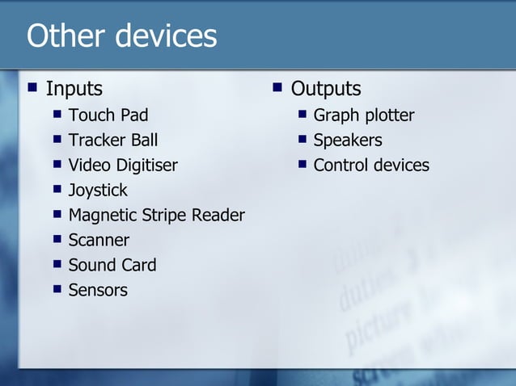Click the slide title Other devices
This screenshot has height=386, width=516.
tap(121, 36)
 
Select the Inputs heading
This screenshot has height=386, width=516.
tap(74, 88)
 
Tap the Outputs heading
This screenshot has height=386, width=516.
tap(325, 88)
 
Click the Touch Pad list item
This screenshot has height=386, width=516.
tap(108, 115)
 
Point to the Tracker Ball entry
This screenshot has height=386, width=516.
tap(112, 141)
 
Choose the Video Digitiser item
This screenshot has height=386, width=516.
tap(122, 166)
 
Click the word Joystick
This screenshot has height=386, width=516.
tap(98, 191)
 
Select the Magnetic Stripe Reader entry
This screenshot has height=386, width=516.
tap(156, 216)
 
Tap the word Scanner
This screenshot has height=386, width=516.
tap(99, 241)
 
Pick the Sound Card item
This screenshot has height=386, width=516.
tap(112, 266)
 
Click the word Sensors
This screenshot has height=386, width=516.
tap(98, 290)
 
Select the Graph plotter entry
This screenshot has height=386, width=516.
tap(363, 115)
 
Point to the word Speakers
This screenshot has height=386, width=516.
tap(347, 141)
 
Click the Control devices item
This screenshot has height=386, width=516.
tap(370, 166)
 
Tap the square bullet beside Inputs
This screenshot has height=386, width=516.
tap(32, 86)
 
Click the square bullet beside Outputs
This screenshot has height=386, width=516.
tap(277, 86)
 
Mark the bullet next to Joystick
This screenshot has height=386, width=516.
tap(57, 190)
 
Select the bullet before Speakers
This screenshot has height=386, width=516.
tap(302, 140)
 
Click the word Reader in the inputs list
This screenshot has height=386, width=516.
tap(219, 216)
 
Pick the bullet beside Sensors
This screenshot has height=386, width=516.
tap(57, 289)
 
